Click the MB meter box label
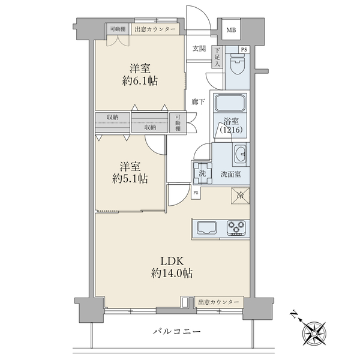231,30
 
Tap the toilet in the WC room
238,64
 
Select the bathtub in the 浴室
230,103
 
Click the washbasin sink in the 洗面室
241,154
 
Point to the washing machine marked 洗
202,173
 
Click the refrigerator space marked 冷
241,196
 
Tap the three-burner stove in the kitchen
236,228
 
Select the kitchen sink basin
206,228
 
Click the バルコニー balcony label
177,332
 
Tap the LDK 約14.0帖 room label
172,267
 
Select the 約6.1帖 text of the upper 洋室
140,81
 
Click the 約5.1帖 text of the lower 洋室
130,178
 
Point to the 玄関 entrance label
199,49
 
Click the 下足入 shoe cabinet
217,57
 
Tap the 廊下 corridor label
199,102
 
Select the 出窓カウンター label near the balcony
218,302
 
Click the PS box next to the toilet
244,49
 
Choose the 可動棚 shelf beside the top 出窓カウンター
118,29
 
